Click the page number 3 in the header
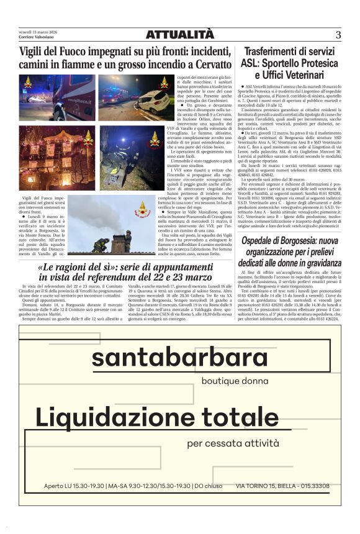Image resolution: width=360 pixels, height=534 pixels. tap(338, 35)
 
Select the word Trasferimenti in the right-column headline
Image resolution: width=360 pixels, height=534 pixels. tap(274, 52)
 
